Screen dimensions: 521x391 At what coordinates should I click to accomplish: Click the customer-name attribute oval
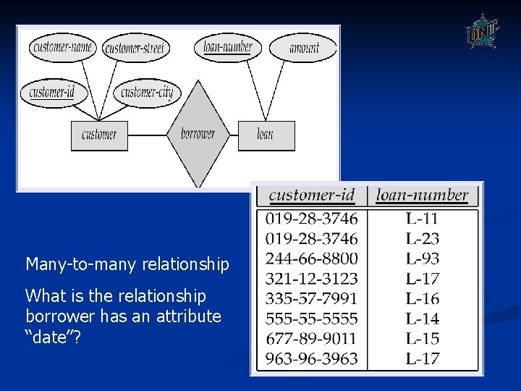[63, 48]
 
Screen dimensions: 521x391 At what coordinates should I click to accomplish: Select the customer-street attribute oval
[135, 49]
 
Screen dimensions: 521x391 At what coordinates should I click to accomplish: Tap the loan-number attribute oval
[228, 48]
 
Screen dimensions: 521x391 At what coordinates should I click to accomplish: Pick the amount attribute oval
[303, 49]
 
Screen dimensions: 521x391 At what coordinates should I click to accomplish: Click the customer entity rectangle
[99, 135]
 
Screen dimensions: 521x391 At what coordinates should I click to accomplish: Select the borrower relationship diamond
[198, 134]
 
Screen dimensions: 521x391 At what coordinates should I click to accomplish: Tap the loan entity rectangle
[266, 135]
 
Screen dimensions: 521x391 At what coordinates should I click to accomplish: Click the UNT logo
[480, 31]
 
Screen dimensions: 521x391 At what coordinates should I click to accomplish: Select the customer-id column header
[311, 195]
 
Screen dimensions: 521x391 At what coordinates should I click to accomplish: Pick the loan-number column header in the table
[423, 195]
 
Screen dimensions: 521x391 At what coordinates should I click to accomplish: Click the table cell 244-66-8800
[311, 258]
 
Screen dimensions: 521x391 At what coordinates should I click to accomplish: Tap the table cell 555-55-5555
[311, 319]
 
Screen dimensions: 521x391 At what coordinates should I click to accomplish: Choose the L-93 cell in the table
[422, 258]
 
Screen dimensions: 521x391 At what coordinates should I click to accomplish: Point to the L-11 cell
[422, 218]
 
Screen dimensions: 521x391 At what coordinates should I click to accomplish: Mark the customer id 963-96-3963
[311, 358]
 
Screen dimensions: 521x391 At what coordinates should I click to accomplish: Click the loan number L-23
[422, 238]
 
